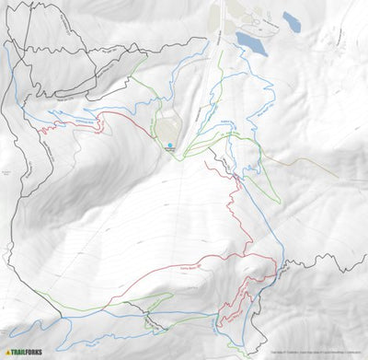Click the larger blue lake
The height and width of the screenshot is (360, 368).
250,41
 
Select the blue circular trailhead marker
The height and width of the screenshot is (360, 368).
169,145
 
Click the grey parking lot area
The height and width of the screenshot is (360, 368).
167,130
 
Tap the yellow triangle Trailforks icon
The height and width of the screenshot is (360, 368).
9,351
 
